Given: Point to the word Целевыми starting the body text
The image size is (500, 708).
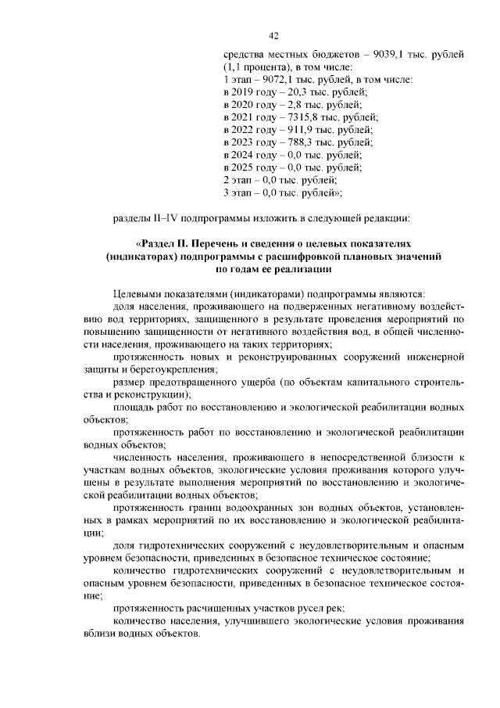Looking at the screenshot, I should click(141, 293).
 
